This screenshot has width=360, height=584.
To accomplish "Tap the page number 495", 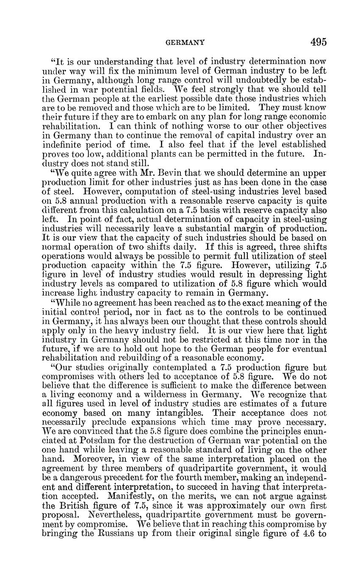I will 318,42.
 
